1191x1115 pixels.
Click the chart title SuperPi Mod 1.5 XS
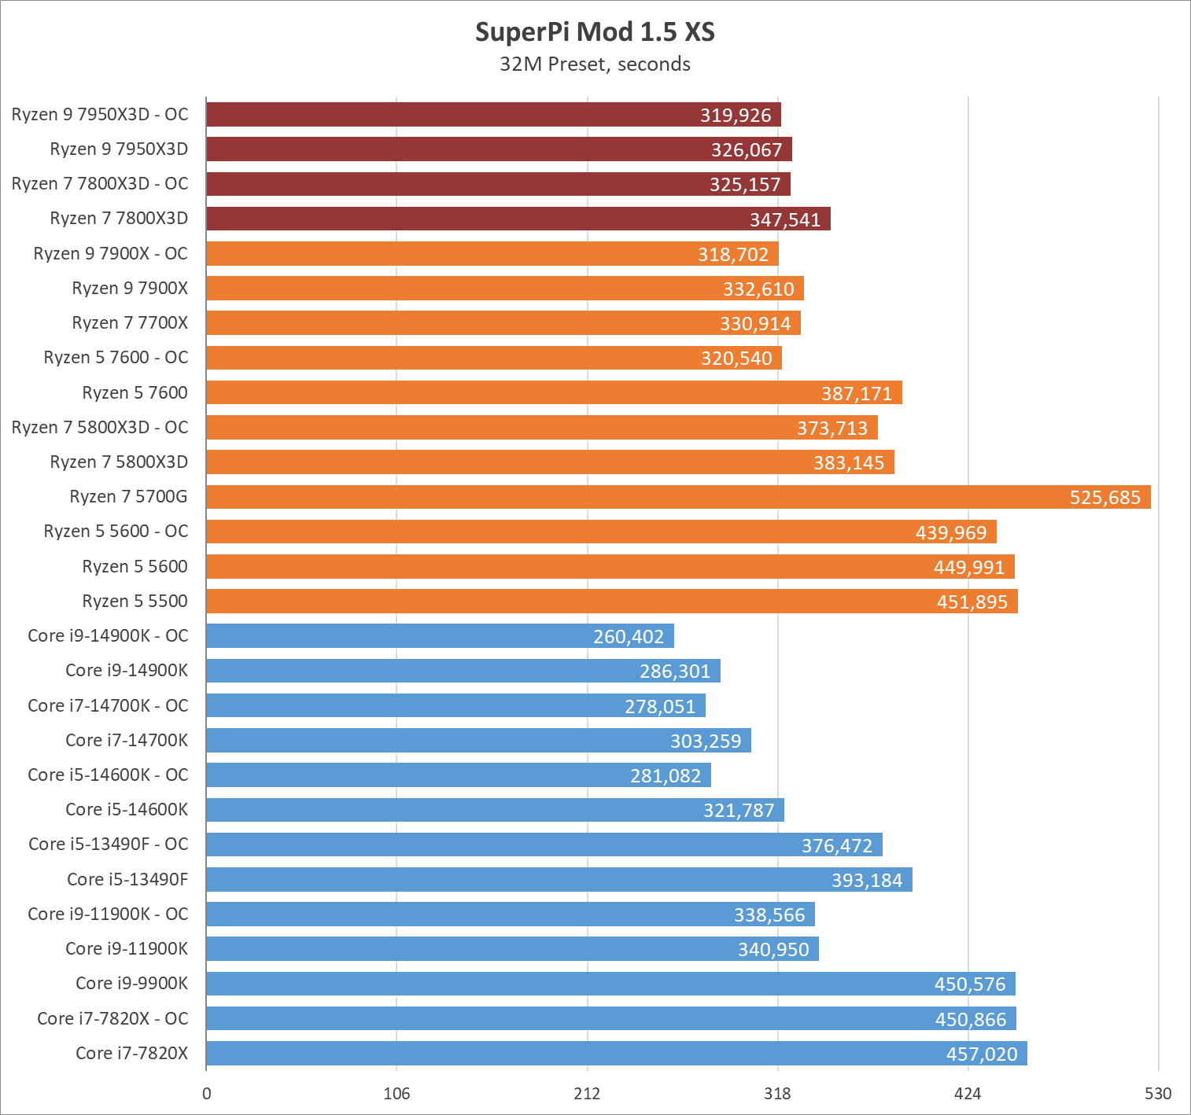[595, 32]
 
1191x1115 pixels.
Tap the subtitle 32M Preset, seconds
[595, 64]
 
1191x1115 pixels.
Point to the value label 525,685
[1104, 498]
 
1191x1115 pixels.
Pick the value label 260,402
[629, 637]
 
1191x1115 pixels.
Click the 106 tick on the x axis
[396, 1094]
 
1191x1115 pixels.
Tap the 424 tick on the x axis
[968, 1094]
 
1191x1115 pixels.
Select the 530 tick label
[1158, 1094]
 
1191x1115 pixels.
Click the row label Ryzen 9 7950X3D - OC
[100, 115]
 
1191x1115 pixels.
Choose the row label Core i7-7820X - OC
[112, 1019]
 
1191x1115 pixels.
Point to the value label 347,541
[784, 220]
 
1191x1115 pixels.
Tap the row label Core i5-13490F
[127, 880]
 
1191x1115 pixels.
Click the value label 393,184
[867, 881]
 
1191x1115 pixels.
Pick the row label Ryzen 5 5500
[135, 602]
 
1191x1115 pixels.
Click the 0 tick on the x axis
[207, 1094]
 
